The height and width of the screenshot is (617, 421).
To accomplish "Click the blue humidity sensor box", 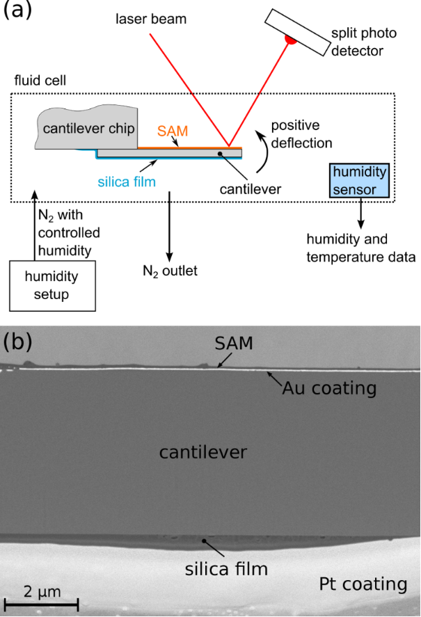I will (360, 179).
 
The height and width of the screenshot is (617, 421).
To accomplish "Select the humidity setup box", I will (51, 285).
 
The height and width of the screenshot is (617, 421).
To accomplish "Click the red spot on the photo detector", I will (290, 40).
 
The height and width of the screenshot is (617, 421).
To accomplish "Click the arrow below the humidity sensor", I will (360, 213).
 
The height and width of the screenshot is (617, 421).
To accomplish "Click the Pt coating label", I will (362, 584).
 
